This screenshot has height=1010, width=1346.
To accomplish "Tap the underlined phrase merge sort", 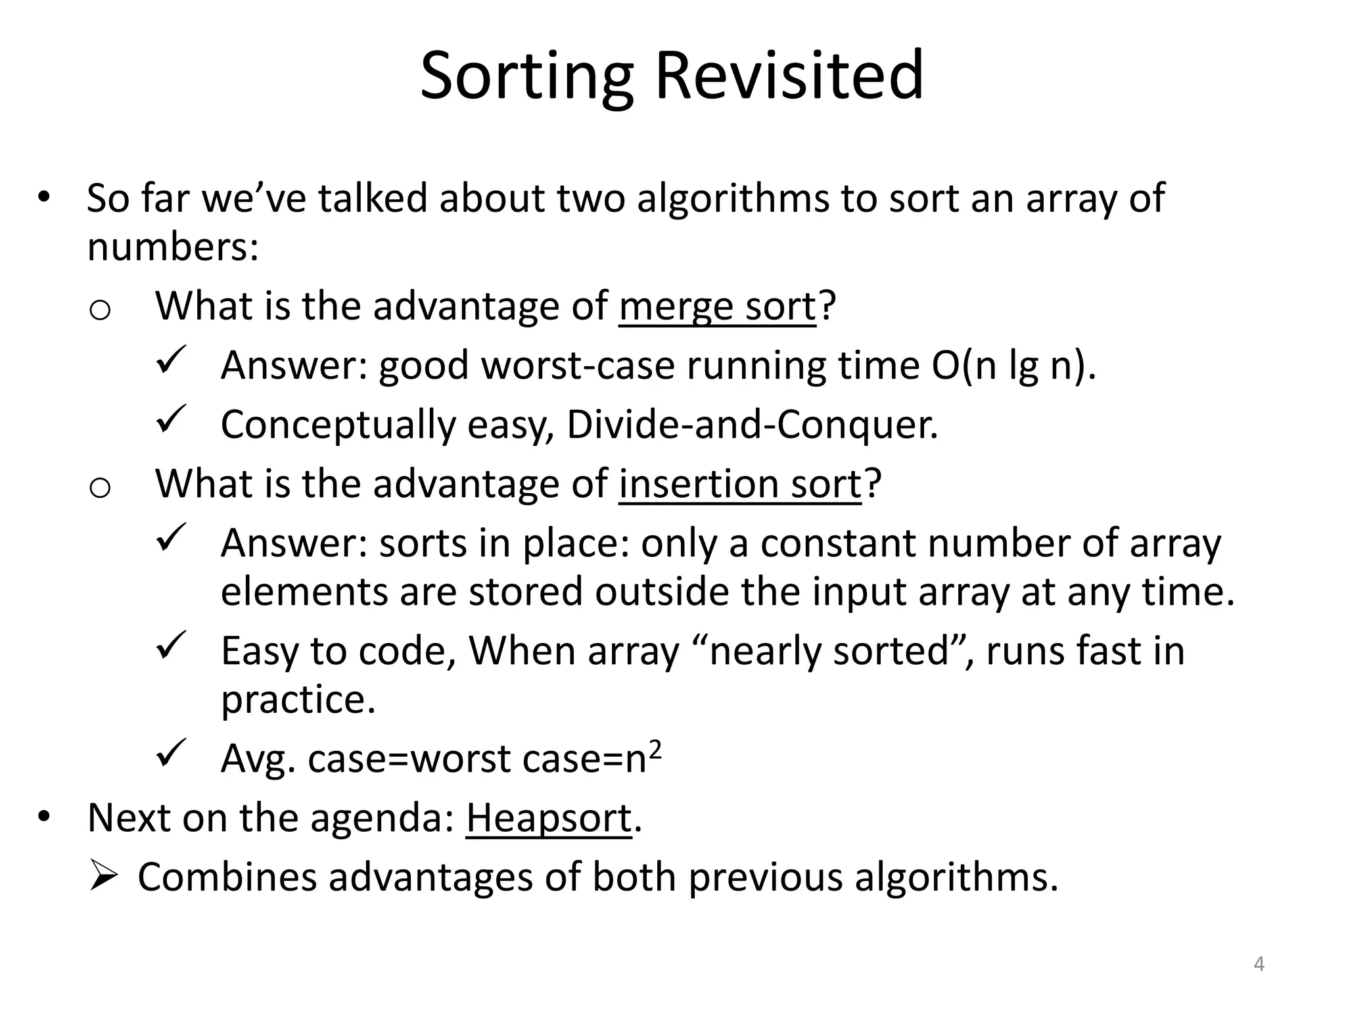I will (x=717, y=306).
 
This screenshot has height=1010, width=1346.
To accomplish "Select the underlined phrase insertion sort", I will (x=739, y=484).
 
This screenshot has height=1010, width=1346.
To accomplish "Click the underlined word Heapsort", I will (x=549, y=818).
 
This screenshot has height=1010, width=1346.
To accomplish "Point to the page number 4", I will (x=1259, y=964).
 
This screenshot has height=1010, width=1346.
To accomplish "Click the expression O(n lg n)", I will (x=1013, y=366).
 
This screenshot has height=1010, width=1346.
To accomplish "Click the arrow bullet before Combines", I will (x=103, y=877).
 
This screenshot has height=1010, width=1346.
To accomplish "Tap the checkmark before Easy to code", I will (x=172, y=646).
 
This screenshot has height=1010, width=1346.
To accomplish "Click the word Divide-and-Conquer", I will (x=752, y=425).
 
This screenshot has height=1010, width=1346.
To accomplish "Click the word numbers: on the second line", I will (x=173, y=247).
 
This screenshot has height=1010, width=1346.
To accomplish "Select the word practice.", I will (x=298, y=700).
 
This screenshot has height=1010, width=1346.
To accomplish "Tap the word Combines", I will (x=227, y=877).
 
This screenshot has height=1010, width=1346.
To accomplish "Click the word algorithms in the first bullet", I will (x=733, y=198).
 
